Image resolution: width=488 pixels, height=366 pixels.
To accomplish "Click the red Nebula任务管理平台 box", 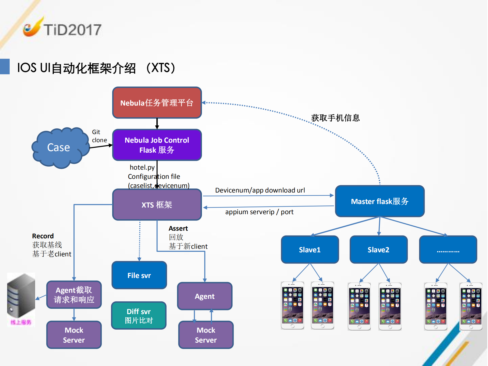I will pyautogui.click(x=157, y=103).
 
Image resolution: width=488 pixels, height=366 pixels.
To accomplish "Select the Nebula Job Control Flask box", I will pyautogui.click(x=157, y=145).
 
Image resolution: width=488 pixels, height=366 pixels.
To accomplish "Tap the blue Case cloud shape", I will pyautogui.click(x=59, y=148).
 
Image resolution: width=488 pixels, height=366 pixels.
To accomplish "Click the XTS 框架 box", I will pyautogui.click(x=157, y=205).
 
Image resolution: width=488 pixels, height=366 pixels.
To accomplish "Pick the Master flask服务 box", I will pyautogui.click(x=380, y=201).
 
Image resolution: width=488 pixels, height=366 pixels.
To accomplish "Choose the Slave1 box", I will pyautogui.click(x=310, y=250).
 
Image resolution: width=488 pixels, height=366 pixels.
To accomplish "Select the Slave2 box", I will pyautogui.click(x=378, y=250).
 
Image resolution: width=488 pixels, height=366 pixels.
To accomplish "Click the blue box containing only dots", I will pyautogui.click(x=448, y=250).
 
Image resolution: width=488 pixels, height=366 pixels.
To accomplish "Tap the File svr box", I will pyautogui.click(x=139, y=275).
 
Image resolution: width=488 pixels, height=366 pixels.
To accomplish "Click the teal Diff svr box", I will pyautogui.click(x=139, y=316).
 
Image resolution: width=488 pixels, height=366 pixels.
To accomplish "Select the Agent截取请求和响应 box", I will pyautogui.click(x=74, y=295).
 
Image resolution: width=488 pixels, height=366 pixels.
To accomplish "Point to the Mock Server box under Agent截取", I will pyautogui.click(x=74, y=335).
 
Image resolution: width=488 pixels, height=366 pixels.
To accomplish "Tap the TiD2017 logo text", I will pyautogui.click(x=72, y=30).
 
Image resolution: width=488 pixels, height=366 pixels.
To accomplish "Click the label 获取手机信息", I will pyautogui.click(x=335, y=118).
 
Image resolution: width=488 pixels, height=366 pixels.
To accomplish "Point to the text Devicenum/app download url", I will pyautogui.click(x=260, y=190).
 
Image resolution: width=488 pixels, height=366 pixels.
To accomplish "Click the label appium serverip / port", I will pyautogui.click(x=259, y=212).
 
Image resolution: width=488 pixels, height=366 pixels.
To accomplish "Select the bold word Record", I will pyautogui.click(x=43, y=236).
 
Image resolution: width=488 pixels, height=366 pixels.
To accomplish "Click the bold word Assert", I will pyautogui.click(x=178, y=228).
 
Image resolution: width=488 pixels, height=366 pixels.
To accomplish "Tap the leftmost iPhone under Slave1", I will pyautogui.click(x=292, y=305).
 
